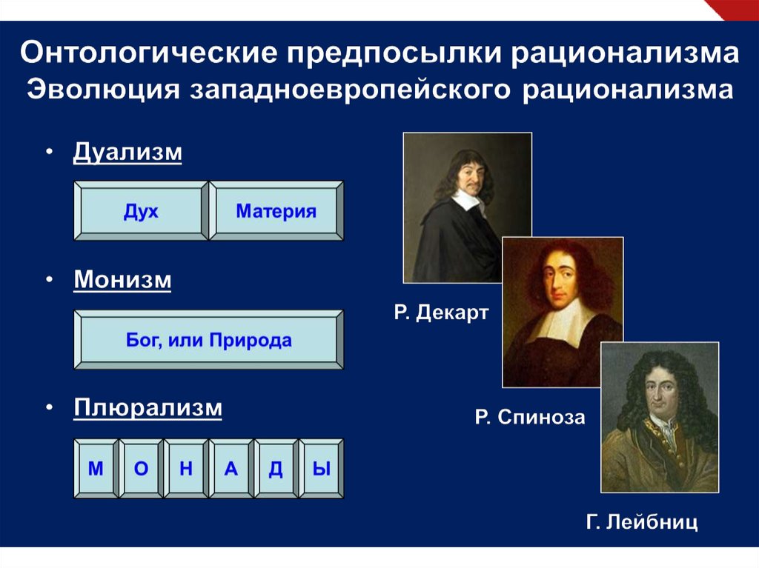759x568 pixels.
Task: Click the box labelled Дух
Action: (x=141, y=211)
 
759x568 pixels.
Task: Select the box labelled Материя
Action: (x=276, y=211)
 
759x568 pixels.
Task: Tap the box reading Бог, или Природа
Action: (x=208, y=340)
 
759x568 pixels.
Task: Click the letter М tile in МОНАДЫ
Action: (x=96, y=468)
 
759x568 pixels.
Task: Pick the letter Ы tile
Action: (x=322, y=468)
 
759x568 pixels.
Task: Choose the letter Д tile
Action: (x=276, y=468)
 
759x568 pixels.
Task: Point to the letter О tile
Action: (x=141, y=468)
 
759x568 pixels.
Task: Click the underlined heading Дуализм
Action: (x=127, y=153)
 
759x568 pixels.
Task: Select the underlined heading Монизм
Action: (x=122, y=280)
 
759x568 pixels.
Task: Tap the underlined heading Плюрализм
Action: (x=148, y=408)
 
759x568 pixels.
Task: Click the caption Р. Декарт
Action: (x=442, y=313)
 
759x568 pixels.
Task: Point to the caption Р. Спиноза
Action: (x=530, y=417)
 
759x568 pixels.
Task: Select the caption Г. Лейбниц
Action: (x=642, y=522)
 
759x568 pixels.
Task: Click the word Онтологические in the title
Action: (x=148, y=53)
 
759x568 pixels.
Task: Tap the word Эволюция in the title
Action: (x=103, y=90)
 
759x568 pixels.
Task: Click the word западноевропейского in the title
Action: (x=351, y=90)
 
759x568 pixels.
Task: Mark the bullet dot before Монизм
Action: (x=50, y=280)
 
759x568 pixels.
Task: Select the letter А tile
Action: (x=231, y=468)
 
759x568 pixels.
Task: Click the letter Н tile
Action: (x=186, y=468)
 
